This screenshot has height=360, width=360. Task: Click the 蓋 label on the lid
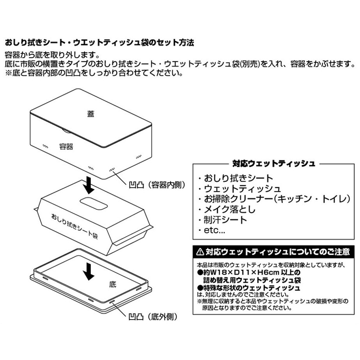pos(91,114)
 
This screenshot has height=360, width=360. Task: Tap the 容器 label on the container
pos(66,146)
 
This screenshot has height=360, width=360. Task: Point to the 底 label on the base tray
pos(112,285)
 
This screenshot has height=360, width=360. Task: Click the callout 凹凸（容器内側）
pos(157,185)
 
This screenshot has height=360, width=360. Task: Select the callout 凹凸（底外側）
pos(153,317)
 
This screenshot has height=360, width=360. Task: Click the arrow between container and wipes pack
pos(89,185)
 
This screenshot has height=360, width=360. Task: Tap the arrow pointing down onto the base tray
pos(89,272)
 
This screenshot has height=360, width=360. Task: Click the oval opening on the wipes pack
pos(94,203)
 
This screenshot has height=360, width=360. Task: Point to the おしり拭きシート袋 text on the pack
pos(74,226)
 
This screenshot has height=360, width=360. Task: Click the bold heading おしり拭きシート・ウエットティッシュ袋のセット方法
pos(99,43)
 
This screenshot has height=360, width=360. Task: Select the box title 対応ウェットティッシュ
pos(274,164)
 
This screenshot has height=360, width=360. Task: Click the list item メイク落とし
pos(229,209)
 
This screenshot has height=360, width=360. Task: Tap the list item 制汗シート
pos(225,220)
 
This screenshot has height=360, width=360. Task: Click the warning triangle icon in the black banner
pos(200,252)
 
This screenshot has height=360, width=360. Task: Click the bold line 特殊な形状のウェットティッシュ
pos(252,288)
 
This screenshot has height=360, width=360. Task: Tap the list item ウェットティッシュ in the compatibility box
pos(242,189)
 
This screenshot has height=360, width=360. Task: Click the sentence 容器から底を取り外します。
pos(52,55)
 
